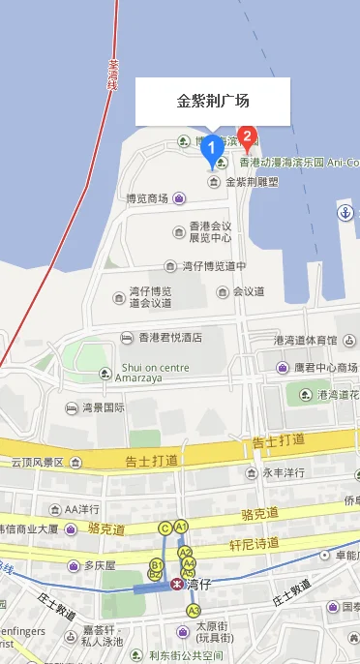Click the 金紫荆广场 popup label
pyautogui.click(x=213, y=101)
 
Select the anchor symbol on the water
pyautogui.click(x=344, y=212)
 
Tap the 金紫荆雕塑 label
pyautogui.click(x=252, y=181)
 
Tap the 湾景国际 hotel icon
pyautogui.click(x=72, y=407)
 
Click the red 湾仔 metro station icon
pyautogui.click(x=176, y=584)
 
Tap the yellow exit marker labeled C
pyautogui.click(x=165, y=528)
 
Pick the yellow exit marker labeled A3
pyautogui.click(x=194, y=610)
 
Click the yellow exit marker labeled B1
pyautogui.click(x=156, y=564)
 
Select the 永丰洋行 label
pyautogui.click(x=285, y=473)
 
